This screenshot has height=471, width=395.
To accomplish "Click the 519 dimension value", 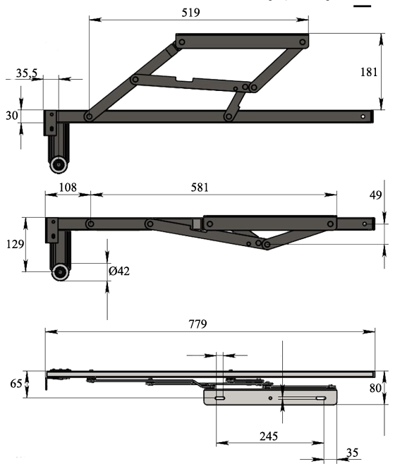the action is [x=190, y=13].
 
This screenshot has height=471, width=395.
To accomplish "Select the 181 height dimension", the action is [x=368, y=72].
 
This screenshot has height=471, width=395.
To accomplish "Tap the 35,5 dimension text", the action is [x=27, y=73].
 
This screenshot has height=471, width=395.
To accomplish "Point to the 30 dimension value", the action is [x=12, y=116].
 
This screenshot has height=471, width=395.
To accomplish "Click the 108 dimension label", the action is [x=68, y=187].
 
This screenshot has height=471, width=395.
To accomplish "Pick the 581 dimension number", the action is [x=200, y=188].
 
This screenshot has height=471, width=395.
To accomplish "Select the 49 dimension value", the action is [x=375, y=195].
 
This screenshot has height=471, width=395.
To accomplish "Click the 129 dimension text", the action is [x=15, y=244].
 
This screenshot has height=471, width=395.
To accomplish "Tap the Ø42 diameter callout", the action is [x=119, y=271].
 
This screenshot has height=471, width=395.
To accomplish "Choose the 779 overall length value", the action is [x=197, y=324].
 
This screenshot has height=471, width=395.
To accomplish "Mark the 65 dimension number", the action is [x=16, y=384].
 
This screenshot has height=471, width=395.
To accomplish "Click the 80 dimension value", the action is [x=375, y=388].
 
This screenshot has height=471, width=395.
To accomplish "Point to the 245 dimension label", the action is [x=269, y=436].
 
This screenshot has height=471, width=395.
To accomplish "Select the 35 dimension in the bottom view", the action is [x=352, y=453].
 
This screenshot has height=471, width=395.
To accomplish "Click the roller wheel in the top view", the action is [x=59, y=164].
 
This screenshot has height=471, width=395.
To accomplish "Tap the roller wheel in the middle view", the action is [x=61, y=272].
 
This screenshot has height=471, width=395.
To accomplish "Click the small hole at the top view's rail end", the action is [x=363, y=116].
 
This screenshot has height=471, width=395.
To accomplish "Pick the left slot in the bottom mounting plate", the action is [x=220, y=398].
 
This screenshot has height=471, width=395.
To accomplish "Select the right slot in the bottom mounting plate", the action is [x=321, y=398].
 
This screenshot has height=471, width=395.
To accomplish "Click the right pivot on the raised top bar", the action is [x=303, y=42].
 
